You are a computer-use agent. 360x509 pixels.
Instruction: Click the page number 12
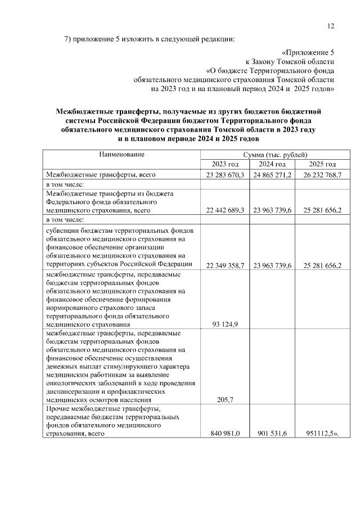tap(330, 25)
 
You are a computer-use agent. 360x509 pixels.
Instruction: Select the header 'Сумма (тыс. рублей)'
tap(275, 154)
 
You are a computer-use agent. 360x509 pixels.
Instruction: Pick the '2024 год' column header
tap(272, 164)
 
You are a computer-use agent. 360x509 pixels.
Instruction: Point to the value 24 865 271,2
tap(272, 175)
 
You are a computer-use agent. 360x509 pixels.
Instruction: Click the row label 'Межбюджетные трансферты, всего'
tap(100, 175)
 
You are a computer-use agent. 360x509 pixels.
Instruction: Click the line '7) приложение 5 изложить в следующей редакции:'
tap(148, 39)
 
